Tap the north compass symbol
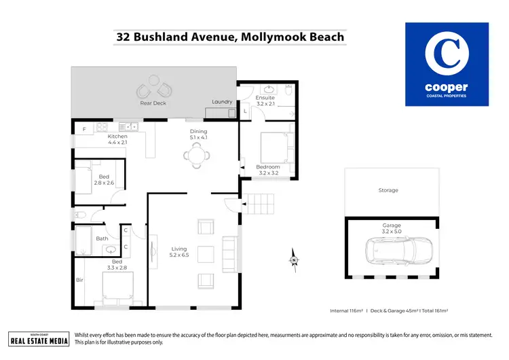294,258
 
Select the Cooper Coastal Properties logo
446,65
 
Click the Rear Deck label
153,103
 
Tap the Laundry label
222,103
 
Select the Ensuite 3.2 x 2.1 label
265,101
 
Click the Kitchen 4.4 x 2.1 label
117,140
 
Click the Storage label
388,191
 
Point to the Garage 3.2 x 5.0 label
392,228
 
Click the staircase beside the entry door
261,204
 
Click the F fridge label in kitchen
83,128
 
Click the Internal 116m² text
345,310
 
